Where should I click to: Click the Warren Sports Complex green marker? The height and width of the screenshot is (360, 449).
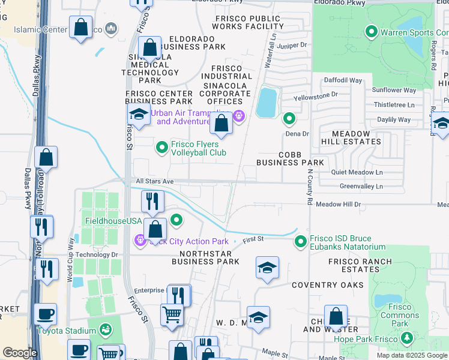371,31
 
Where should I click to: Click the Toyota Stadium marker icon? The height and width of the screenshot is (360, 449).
106,330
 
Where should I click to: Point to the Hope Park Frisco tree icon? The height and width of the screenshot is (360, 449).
407,339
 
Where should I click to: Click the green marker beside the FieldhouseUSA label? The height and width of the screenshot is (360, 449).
176,220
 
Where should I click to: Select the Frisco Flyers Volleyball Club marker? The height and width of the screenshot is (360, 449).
161,147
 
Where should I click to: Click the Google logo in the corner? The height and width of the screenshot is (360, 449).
19,353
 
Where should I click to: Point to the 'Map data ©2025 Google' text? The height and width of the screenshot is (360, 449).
412,355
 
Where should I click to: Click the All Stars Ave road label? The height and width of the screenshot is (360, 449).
154,181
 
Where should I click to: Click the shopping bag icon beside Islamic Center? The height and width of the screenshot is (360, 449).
80,28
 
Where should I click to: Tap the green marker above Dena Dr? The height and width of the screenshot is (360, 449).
289,118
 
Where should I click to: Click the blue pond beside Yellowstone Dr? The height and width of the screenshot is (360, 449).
267,103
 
